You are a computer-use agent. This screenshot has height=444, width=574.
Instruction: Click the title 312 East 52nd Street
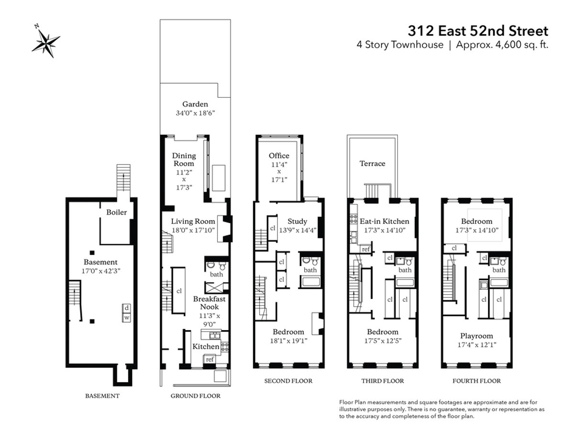tap(477, 31)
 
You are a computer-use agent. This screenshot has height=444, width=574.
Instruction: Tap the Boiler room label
tap(116, 212)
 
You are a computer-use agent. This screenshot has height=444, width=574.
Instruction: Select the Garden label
tap(195, 104)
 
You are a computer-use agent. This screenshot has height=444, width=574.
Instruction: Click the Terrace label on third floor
tap(372, 163)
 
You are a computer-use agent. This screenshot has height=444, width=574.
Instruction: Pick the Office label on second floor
tap(279, 156)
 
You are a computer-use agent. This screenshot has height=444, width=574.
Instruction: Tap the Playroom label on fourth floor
tap(476, 336)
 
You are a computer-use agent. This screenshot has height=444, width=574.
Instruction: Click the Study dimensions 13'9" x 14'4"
tap(297, 230)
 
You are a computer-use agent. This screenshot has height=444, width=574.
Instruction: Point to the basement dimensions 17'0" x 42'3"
tap(100, 271)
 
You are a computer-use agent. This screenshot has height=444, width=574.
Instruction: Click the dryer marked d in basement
tap(127, 308)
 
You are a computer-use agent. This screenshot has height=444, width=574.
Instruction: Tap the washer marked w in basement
tap(127, 317)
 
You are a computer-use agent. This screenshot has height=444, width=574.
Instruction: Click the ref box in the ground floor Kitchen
tap(210, 359)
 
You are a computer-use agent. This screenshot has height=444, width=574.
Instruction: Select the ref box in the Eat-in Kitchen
tap(365, 249)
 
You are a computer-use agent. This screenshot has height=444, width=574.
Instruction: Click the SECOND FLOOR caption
tap(288, 381)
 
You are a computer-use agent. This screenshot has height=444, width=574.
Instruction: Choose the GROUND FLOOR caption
tap(196, 396)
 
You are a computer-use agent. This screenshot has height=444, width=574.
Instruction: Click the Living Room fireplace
tap(224, 226)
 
